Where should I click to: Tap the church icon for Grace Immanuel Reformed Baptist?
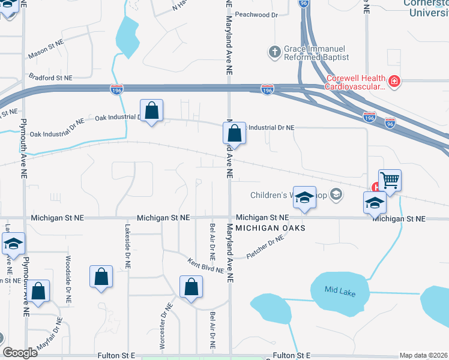pyautogui.click(x=275, y=52)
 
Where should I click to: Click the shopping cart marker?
pyautogui.click(x=390, y=180)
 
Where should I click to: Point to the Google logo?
pyautogui.click(x=20, y=353)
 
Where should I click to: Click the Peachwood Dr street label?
pyautogui.click(x=257, y=14)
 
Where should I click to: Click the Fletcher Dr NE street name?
pyautogui.click(x=265, y=247)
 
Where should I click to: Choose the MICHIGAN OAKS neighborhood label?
pyautogui.click(x=271, y=228)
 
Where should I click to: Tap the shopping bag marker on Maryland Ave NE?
pyautogui.click(x=235, y=133)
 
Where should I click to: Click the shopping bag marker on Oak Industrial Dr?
pyautogui.click(x=152, y=111)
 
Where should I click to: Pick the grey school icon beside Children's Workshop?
pyautogui.click(x=336, y=194)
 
